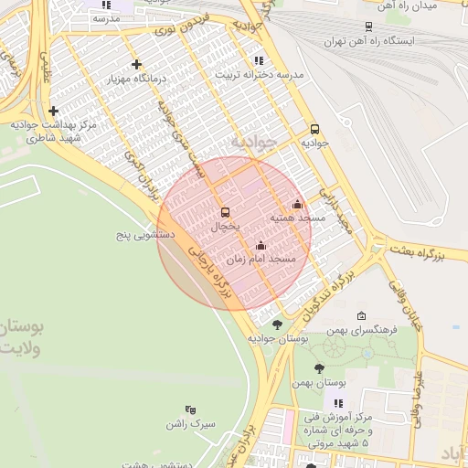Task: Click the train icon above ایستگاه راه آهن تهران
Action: tap(368, 27)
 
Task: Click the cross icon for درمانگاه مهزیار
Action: tap(136, 64)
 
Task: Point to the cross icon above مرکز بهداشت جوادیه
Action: tap(54, 111)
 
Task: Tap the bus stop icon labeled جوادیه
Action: tap(314, 129)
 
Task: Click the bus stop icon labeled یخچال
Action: tap(226, 211)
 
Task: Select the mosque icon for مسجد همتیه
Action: tap(296, 205)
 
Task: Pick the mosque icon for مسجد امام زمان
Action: tap(261, 245)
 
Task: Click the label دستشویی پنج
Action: tap(143, 236)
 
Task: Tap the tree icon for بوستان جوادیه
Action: tap(277, 324)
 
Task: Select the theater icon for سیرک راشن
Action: tap(190, 409)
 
